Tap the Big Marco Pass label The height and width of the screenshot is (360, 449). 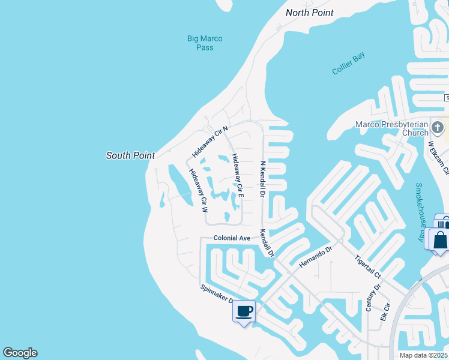205,43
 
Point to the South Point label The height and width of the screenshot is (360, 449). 130,155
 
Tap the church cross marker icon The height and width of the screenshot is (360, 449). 438,127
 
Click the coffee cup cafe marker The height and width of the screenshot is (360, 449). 244,311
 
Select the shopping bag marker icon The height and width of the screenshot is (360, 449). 440,241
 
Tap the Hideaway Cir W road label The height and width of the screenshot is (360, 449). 198,191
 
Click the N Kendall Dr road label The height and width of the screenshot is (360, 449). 262,179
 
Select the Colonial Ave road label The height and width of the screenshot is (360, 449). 232,238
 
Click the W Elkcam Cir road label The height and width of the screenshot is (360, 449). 438,157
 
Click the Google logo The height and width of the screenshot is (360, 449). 20,353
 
